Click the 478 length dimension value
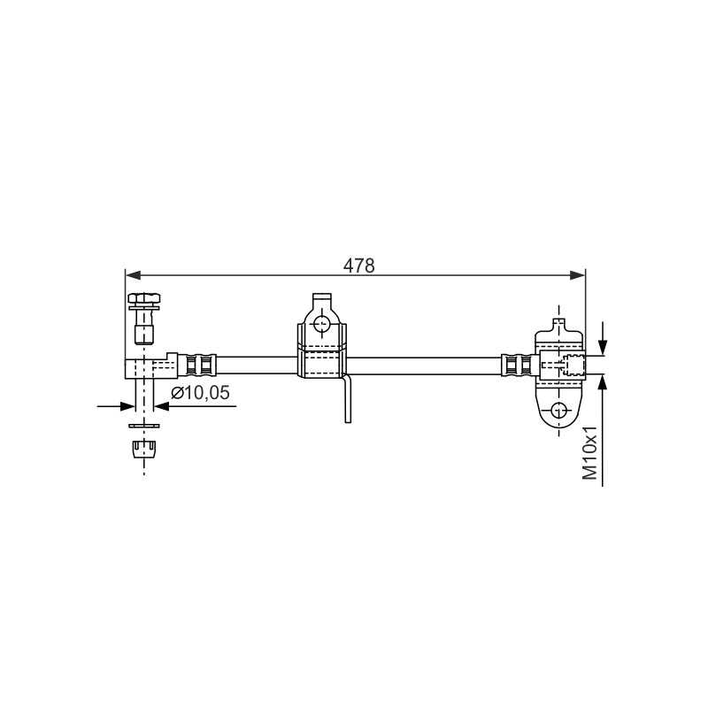pos(359,266)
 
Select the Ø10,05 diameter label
pos(201,393)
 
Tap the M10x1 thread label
pos(589,453)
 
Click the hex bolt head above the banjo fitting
pos(144,298)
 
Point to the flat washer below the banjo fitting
pos(144,426)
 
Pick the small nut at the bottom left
pos(144,449)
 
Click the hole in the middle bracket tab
pos(322,322)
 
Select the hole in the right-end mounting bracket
pos(559,411)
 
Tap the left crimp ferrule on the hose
pos(197,366)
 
